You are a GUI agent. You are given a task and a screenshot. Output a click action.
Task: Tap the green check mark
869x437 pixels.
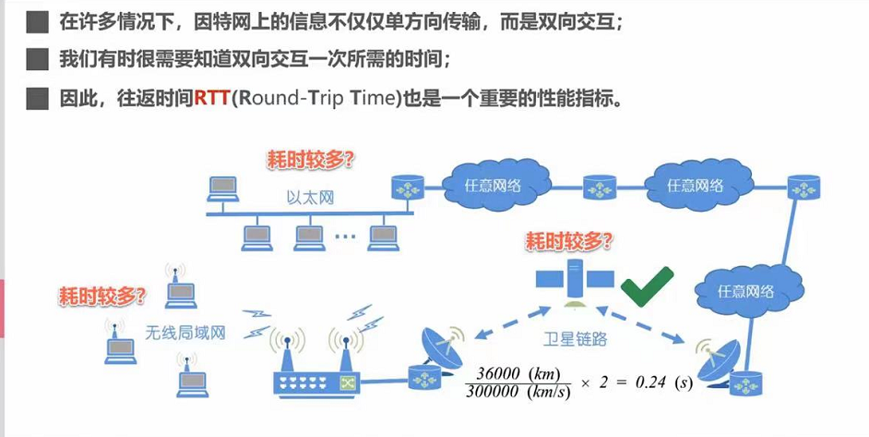coord(647,286)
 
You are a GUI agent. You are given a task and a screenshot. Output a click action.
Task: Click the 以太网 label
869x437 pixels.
coord(310,198)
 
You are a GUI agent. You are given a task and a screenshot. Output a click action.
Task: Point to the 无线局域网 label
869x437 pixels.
coord(185,332)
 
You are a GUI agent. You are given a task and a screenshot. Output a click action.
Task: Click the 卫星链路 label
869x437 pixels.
coord(575,339)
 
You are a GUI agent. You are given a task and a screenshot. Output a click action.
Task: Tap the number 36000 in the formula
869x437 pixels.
coord(498,372)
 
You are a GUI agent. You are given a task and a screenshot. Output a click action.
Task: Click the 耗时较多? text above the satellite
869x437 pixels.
coord(569,241)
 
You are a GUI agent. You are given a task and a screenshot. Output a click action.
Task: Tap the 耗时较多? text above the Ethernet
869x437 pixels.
coord(310,161)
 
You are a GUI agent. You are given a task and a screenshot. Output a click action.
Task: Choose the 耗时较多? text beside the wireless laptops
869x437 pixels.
coord(102,296)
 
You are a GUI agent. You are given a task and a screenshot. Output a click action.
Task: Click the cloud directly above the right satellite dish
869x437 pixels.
coord(748,290)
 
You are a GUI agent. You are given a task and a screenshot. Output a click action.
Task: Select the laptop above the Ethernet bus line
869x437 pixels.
coord(223,188)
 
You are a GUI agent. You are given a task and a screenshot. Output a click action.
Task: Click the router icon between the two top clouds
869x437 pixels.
coord(600,188)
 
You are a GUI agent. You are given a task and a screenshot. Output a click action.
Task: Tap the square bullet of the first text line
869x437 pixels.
coord(37,23)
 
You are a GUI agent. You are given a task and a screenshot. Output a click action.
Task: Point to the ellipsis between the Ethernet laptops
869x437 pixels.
coord(345,236)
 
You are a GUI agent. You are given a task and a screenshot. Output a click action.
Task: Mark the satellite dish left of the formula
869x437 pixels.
coord(441,346)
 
